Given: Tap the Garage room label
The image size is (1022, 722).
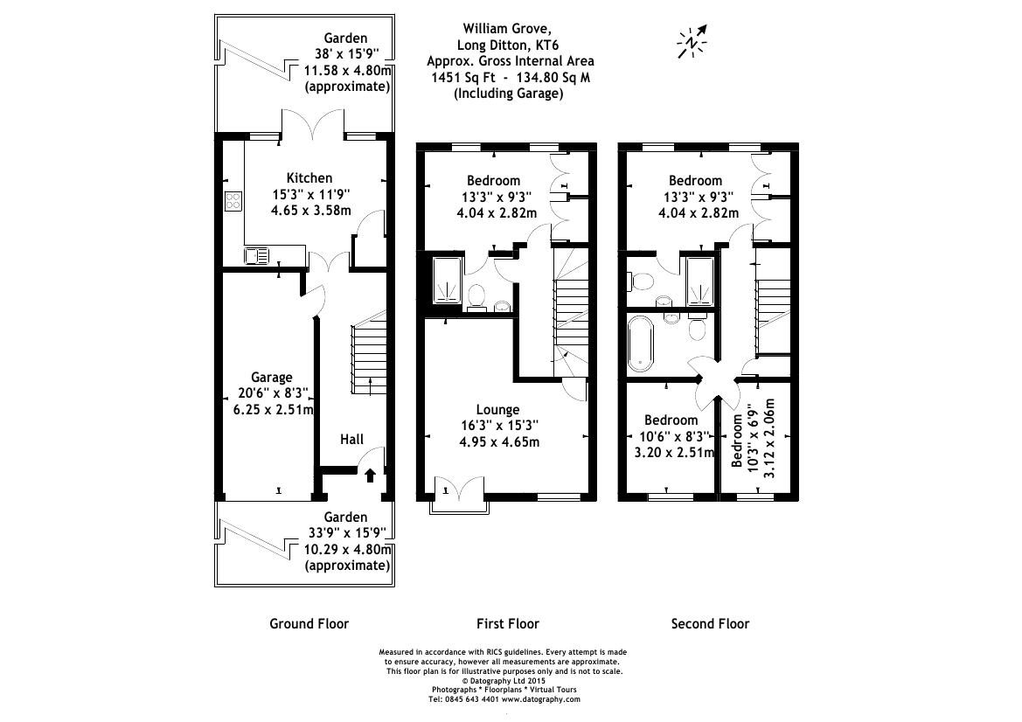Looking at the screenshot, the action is [x=272, y=378].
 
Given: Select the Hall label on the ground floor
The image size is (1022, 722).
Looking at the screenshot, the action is [x=351, y=439].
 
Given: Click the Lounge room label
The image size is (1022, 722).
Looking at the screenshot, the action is [x=497, y=409].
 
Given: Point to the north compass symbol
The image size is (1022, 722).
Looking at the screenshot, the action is [x=692, y=41].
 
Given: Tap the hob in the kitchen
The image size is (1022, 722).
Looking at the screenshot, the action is [x=233, y=202].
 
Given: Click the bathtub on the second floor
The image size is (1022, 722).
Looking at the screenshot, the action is [x=641, y=343].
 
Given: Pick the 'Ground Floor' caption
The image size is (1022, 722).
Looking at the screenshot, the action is [x=309, y=623].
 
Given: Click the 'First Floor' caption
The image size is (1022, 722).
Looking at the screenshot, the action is [x=507, y=623].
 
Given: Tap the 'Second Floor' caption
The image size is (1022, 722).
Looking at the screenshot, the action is [x=710, y=623].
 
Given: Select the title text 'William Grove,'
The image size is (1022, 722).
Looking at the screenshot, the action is [x=510, y=27].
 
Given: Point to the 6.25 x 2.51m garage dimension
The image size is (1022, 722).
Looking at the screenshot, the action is [x=272, y=409].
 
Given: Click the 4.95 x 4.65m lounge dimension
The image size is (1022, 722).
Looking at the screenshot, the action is [x=497, y=441].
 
